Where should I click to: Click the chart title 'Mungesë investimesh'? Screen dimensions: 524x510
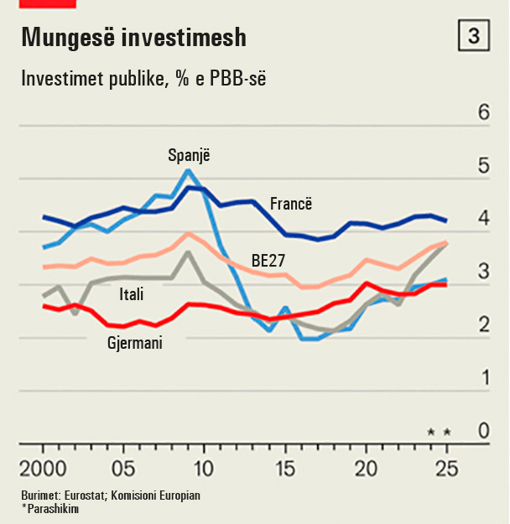(x=133, y=38)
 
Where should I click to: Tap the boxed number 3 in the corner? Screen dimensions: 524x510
(x=473, y=36)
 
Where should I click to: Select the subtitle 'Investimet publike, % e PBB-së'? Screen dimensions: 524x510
(x=143, y=80)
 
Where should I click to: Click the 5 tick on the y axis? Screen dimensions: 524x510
(x=483, y=166)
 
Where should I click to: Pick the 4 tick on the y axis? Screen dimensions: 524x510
(x=483, y=219)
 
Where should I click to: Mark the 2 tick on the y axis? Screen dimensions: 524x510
(x=483, y=325)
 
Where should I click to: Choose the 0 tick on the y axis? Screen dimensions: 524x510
(x=483, y=431)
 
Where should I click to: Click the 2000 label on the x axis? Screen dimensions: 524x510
(x=42, y=467)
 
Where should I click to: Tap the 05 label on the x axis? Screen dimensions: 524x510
(x=122, y=467)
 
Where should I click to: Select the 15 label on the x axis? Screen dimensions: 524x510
(x=285, y=467)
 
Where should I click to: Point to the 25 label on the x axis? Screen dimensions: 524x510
(x=448, y=467)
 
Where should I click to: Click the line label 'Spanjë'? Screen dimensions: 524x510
(x=190, y=155)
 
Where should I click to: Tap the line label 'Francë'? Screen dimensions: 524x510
(x=291, y=204)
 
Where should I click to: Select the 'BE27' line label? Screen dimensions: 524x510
(x=268, y=261)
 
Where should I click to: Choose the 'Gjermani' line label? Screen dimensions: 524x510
(x=135, y=342)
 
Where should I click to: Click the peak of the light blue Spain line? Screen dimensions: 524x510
(x=188, y=171)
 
